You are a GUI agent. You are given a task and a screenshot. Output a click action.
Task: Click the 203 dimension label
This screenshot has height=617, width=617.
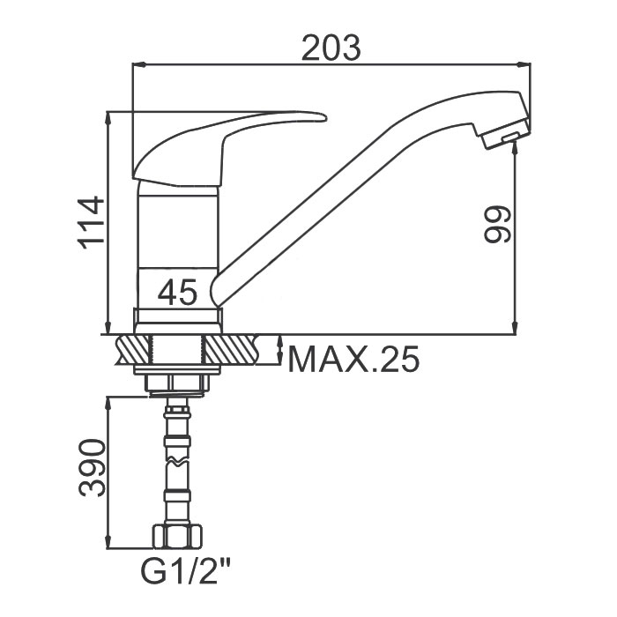coord(331,48)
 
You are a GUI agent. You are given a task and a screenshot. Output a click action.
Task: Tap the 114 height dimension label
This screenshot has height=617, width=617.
coord(92,223)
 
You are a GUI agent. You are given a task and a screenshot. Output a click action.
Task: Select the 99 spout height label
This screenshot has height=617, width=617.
coord(498,224)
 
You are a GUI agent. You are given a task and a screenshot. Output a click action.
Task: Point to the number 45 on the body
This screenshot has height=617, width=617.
coord(177,292)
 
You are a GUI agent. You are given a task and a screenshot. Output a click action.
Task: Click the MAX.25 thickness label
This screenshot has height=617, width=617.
coord(353,360)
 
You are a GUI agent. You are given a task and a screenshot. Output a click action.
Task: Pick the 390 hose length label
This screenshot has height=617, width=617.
coord(93,468)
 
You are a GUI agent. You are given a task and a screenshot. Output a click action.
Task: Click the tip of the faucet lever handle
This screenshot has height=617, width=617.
coord(325,117)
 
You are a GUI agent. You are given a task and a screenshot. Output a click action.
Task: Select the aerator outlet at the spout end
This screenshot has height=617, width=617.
coord(510,137)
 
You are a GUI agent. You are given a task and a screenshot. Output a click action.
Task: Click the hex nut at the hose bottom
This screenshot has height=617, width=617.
coord(177,536)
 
